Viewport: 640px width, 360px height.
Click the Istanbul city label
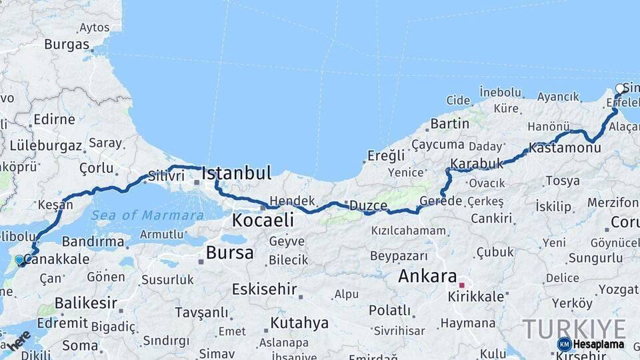[236, 174]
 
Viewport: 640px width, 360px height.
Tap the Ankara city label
[427, 276]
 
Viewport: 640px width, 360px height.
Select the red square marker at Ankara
[461, 285]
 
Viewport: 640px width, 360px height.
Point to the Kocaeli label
[263, 220]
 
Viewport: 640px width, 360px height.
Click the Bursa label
[229, 253]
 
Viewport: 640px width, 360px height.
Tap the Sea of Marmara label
[147, 215]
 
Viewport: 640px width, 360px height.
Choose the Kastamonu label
[565, 148]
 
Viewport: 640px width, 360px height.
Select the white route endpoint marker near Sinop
[620, 88]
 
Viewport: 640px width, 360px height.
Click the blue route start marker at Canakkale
[19, 259]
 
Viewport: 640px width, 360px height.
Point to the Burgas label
[67, 45]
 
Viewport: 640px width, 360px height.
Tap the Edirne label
[54, 120]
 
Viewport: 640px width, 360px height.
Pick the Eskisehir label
[263, 289]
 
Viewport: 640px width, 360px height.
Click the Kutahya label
[299, 323]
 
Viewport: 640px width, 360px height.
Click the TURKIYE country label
[574, 329]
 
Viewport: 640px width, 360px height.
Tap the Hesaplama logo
[591, 344]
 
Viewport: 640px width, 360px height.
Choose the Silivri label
[166, 176]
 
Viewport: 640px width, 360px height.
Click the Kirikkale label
[476, 296]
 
